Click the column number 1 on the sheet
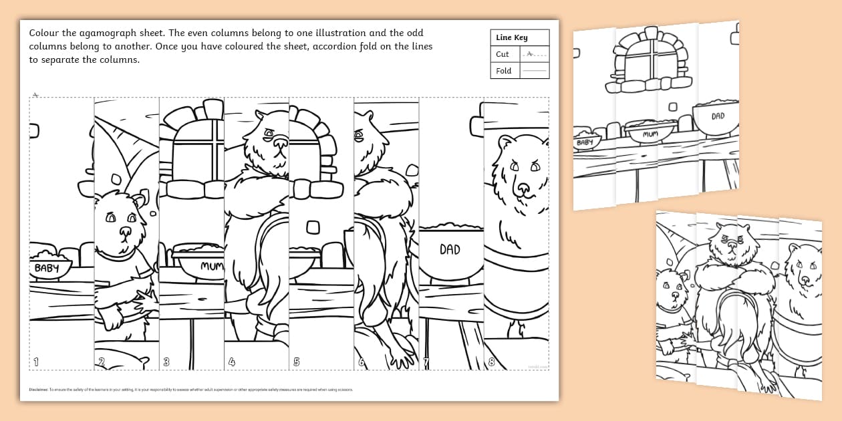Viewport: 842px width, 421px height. click(x=36, y=362)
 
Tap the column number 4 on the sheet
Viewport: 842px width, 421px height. click(x=232, y=362)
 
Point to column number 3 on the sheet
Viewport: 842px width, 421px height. click(x=166, y=362)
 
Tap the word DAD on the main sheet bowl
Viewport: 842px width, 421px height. click(x=450, y=249)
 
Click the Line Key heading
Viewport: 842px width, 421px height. click(x=511, y=38)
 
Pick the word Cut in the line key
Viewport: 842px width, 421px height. click(x=503, y=54)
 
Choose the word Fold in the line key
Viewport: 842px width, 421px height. click(x=504, y=71)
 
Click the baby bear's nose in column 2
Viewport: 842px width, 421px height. click(x=124, y=232)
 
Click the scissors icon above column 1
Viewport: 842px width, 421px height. click(x=35, y=94)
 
